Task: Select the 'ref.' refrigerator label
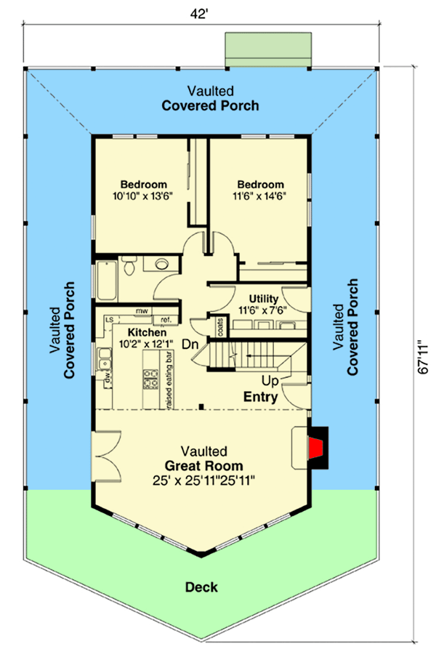(165, 319)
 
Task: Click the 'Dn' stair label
(190, 344)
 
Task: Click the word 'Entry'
(259, 396)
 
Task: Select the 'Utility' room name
(263, 298)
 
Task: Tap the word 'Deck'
(202, 587)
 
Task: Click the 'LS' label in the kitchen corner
(109, 319)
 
